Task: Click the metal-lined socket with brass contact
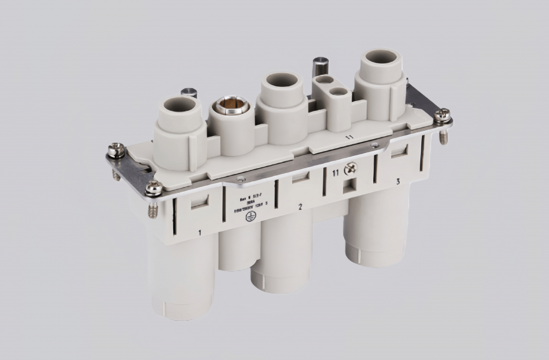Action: pos(231,106)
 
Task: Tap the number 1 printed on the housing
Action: pos(199,232)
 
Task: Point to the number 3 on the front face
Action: pos(397,182)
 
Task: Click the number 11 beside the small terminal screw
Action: pos(335,172)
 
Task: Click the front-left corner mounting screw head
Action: pos(154,187)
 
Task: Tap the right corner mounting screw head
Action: pos(442,114)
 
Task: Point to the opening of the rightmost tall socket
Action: pos(382,57)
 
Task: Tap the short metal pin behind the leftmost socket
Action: pos(189,92)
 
